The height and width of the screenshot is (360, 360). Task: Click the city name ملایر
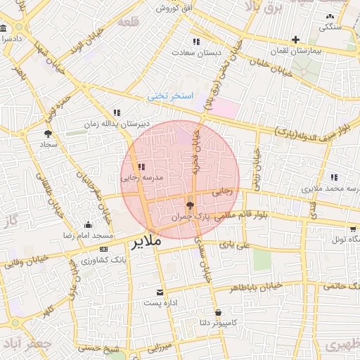[x=146, y=242]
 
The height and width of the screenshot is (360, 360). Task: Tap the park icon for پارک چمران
[x=190, y=205]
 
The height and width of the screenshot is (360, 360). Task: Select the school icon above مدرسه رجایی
[x=141, y=167]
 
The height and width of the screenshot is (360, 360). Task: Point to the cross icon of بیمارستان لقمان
[x=295, y=39]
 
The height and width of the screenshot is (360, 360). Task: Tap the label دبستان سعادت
[x=218, y=52]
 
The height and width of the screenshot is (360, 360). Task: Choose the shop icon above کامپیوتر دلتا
[x=218, y=312]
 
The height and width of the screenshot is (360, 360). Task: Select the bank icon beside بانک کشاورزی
[x=104, y=249]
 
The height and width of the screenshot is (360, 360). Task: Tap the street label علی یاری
[x=235, y=245]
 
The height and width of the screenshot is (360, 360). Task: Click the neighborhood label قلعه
[x=131, y=22]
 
